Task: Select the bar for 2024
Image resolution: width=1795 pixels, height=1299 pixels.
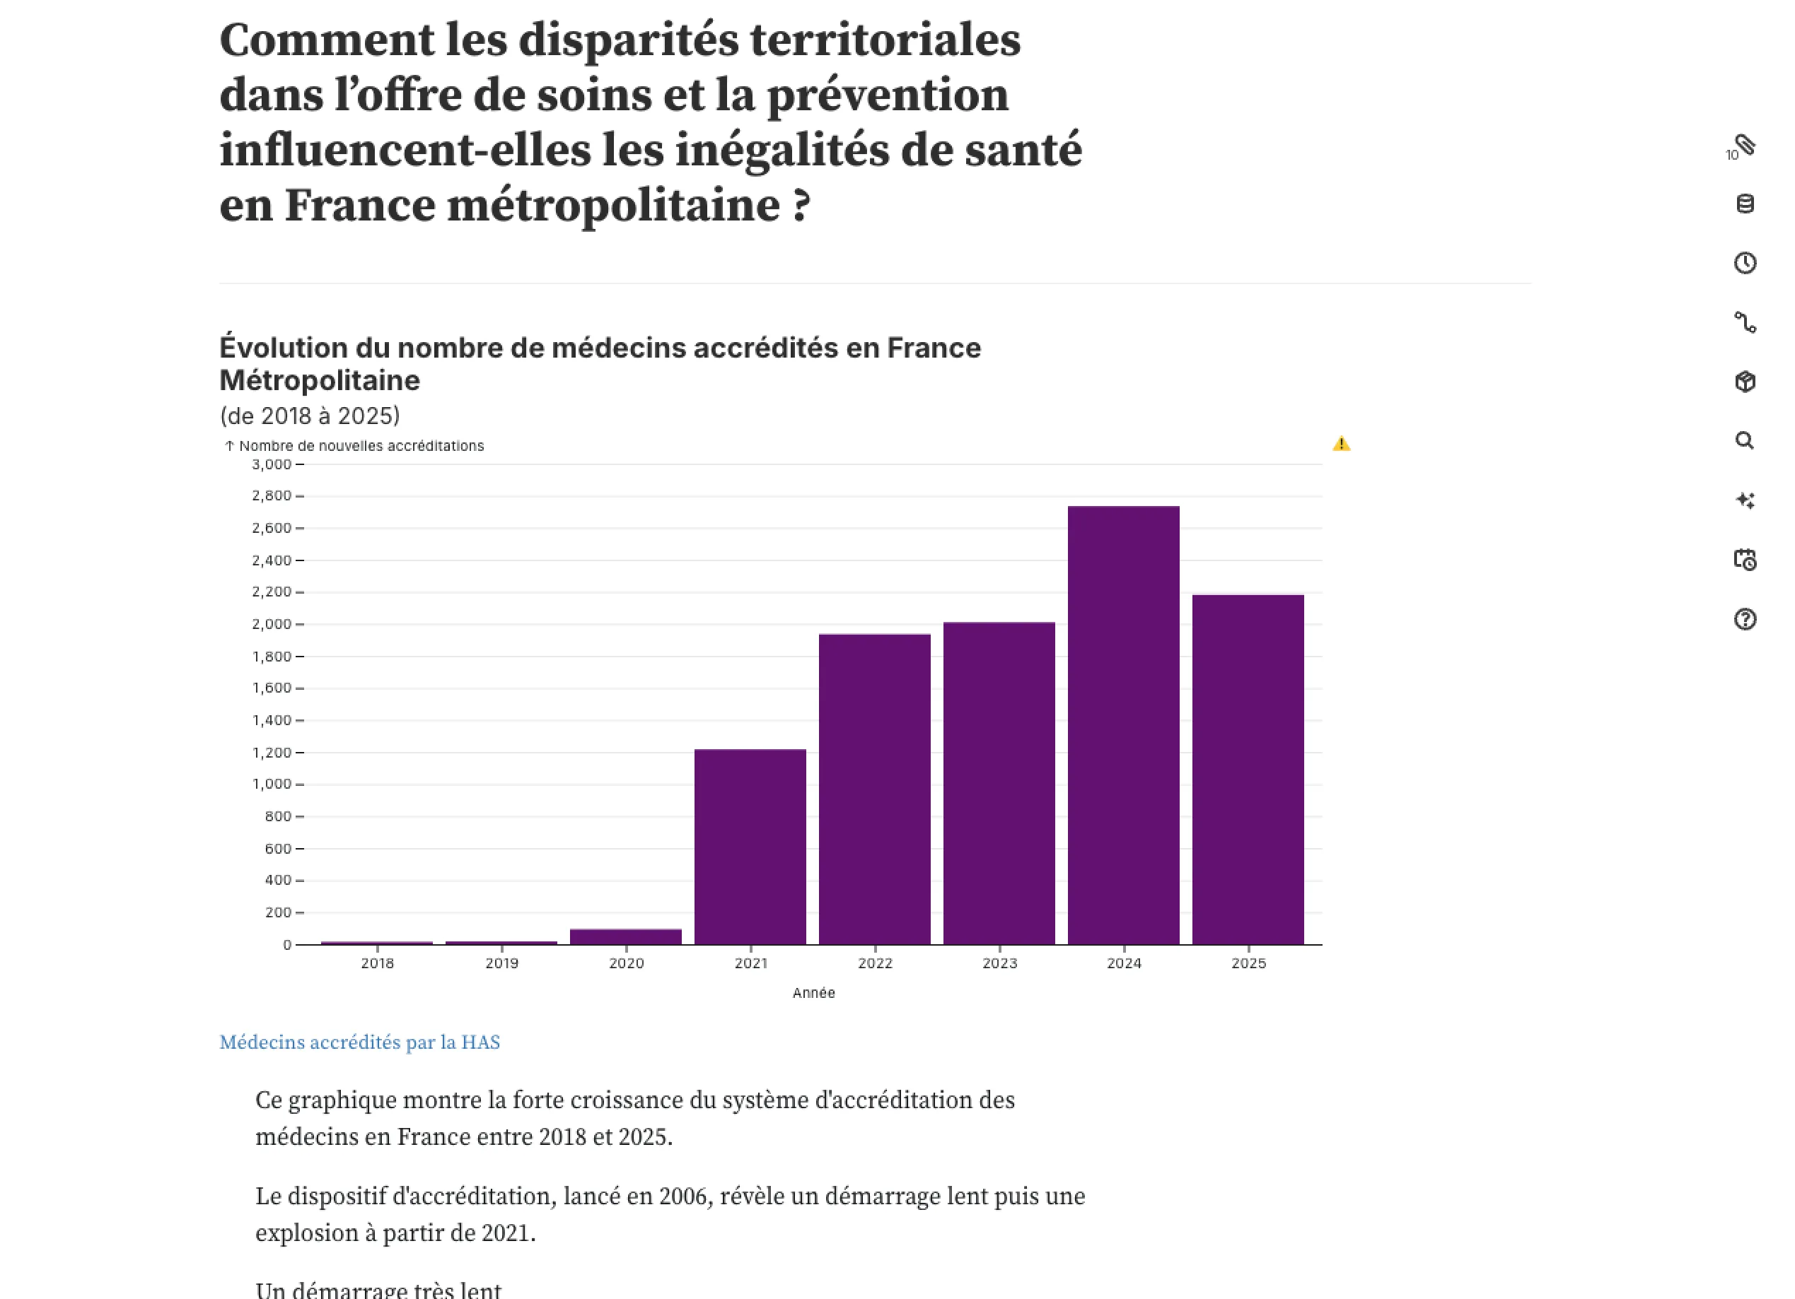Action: coord(1123,724)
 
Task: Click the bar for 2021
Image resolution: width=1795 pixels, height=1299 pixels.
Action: coord(750,847)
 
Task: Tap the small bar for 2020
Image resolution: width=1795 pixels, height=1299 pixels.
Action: coord(625,936)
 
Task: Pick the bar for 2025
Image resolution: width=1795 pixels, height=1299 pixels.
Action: coord(1248,769)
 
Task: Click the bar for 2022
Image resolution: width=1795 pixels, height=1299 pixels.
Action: coord(875,789)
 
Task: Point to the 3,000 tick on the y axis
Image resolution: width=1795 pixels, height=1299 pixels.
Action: coord(272,464)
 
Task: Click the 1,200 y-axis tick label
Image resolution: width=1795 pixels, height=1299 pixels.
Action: coord(272,753)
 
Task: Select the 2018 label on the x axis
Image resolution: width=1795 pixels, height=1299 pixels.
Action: coord(378,963)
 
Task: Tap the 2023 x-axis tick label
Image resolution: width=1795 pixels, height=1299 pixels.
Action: coord(999,963)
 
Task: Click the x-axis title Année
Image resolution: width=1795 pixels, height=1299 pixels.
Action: coord(813,993)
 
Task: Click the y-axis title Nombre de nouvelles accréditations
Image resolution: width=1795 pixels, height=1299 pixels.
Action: coord(361,446)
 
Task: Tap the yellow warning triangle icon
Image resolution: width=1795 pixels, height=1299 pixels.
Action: coord(1342,444)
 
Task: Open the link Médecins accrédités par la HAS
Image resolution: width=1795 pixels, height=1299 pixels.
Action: coord(359,1042)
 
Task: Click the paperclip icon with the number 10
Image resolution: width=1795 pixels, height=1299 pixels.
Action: coord(1743,146)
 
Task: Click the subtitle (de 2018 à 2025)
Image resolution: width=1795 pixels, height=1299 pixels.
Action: coord(310,416)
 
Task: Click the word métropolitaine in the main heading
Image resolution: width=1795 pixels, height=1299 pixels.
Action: coord(613,206)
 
